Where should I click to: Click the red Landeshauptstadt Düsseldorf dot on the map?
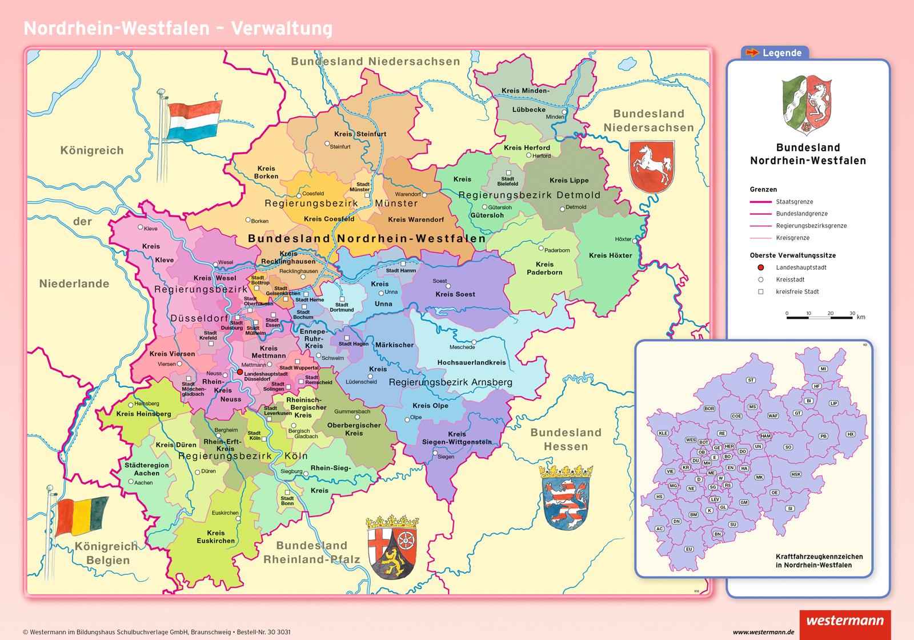(x=239, y=372)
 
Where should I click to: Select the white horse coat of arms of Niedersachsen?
(x=652, y=166)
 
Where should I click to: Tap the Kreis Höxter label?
(x=610, y=255)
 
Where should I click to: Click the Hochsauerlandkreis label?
(x=471, y=362)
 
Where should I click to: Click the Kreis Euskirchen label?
(x=216, y=537)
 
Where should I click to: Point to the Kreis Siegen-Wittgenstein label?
(x=456, y=438)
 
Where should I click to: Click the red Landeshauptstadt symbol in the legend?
(x=761, y=267)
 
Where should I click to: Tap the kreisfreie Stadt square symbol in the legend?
(x=761, y=291)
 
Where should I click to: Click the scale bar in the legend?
(x=819, y=317)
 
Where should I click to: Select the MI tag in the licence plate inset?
(x=823, y=369)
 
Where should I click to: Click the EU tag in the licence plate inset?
(x=689, y=549)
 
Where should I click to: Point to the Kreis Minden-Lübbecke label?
(x=525, y=99)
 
